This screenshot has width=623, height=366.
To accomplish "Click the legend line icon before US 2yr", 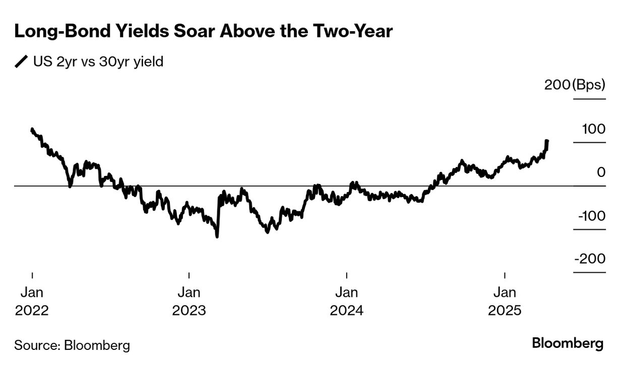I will pos(22,63).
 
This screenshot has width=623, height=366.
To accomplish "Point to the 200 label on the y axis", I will pos(557,85).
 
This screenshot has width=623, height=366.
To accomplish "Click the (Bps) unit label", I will pos(588,85).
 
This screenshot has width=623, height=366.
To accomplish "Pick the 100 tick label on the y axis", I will pos(594,129).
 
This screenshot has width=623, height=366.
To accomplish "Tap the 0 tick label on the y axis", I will pos(601,172).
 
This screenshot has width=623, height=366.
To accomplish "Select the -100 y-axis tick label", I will pos(591,215).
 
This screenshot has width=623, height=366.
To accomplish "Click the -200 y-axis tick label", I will pos(591,259).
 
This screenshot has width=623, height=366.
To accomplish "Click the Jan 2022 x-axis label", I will pos(32,301).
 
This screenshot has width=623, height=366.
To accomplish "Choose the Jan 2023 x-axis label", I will pos(189,301).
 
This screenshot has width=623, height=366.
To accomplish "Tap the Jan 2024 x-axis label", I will pos(347,301).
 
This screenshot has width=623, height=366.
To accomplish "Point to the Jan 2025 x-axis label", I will pos(505,301).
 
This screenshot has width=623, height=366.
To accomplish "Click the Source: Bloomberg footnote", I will pos(72,345).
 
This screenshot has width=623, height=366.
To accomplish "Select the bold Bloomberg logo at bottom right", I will pos(568,344).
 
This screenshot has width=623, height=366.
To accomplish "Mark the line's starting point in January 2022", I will pos(32,129).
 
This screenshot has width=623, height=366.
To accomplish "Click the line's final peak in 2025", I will pos(547,141).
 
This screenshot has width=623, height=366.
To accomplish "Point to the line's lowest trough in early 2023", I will pos(217,236).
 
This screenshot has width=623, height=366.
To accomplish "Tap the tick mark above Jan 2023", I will pos(189,275).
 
